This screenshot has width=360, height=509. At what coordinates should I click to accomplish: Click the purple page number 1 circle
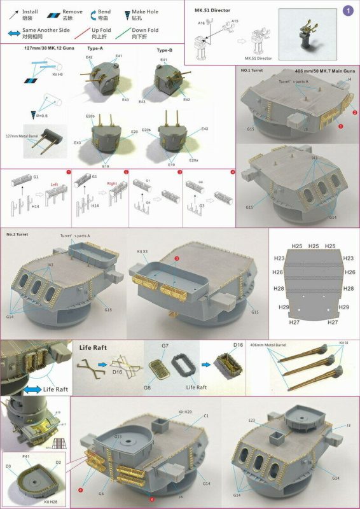pyautogui.click(x=347, y=10)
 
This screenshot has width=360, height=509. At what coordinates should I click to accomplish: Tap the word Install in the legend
pyautogui.click(x=31, y=11)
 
